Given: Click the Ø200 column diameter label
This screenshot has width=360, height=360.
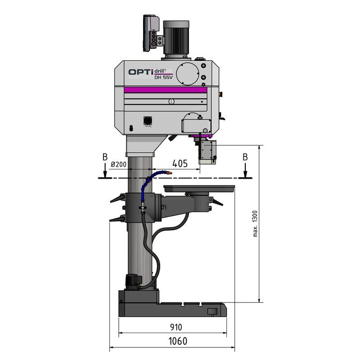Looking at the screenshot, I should pyautogui.click(x=118, y=165).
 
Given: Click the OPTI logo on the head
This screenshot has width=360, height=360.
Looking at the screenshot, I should pyautogui.click(x=141, y=72).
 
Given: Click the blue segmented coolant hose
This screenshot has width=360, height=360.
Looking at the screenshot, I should pyautogui.click(x=149, y=180).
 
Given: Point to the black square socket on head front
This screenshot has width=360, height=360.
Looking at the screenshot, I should pyautogui.click(x=147, y=121).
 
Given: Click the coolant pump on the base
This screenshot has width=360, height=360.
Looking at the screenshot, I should pyautogui.click(x=132, y=281).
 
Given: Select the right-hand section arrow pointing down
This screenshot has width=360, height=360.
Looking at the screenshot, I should pyautogui.click(x=245, y=171).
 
